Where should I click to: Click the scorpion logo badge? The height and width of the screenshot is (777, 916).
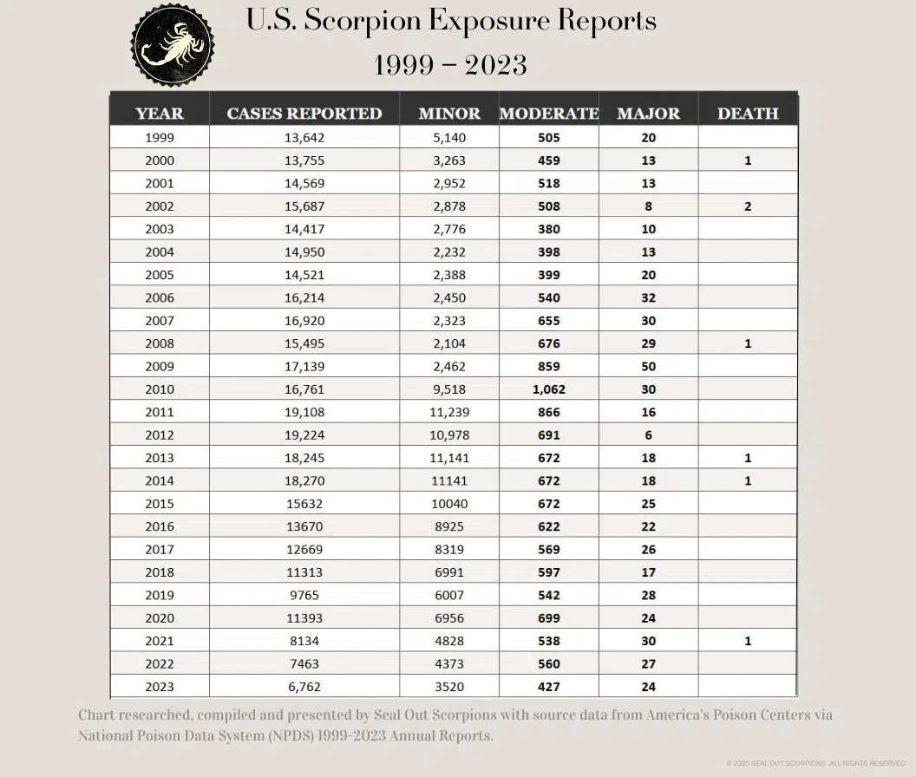pos(173,45)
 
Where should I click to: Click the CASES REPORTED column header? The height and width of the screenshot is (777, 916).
pos(304,114)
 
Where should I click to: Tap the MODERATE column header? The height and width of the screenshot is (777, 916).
pos(549,114)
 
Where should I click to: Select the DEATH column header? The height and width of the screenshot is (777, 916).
pos(748,114)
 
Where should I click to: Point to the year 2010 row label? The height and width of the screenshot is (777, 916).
pos(160,389)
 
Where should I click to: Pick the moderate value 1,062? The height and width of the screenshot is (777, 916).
pos(549,389)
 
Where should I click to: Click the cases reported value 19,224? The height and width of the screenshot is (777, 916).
pos(304,435)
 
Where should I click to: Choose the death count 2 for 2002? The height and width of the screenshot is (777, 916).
pos(748,206)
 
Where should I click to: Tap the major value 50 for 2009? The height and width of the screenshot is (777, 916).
pos(649,366)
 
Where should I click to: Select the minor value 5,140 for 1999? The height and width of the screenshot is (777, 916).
pos(449,138)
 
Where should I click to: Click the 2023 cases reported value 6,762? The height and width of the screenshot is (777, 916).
pos(304,687)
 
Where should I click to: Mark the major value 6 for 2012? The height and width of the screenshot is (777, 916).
pos(649,435)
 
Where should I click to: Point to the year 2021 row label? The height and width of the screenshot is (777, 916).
pos(160,641)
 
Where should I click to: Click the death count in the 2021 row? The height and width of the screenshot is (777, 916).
pos(748,641)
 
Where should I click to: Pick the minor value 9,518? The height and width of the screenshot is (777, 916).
pos(449,389)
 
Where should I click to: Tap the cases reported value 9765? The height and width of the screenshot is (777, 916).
pos(304,595)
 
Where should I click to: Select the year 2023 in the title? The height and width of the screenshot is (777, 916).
pos(496,65)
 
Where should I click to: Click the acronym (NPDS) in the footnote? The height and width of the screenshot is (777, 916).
pos(291,735)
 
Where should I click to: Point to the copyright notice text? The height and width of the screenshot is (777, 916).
pos(816,764)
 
